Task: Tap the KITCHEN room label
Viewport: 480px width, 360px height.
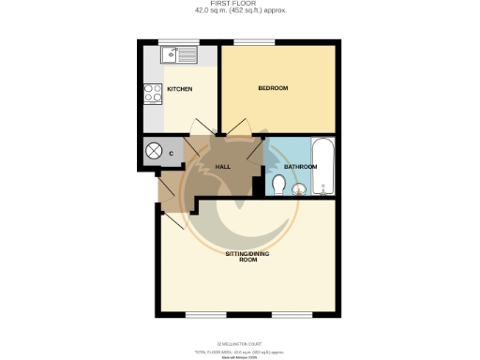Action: point(179,90)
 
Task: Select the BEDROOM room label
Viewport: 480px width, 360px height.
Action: point(275,88)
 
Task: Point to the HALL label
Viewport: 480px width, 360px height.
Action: point(223,166)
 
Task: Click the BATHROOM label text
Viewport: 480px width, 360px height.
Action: point(301,167)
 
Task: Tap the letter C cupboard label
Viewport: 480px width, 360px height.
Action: point(172,151)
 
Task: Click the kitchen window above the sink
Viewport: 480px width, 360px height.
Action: point(172,42)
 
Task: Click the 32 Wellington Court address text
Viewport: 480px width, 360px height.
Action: point(240,344)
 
